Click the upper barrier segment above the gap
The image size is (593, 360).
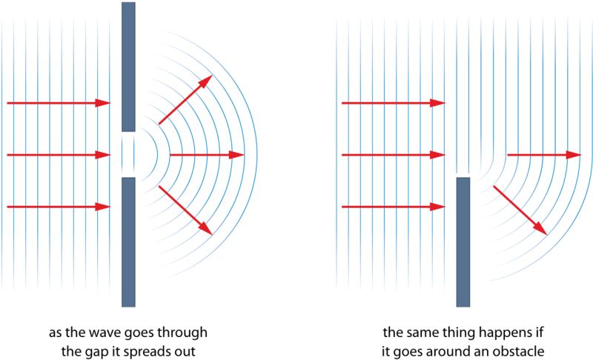pyautogui.click(x=128, y=67)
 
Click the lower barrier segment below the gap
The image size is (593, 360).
pyautogui.click(x=128, y=241)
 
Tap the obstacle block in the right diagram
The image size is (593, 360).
pyautogui.click(x=463, y=241)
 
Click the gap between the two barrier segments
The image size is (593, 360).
pyautogui.click(x=128, y=155)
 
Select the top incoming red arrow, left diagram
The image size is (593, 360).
pyautogui.click(x=59, y=103)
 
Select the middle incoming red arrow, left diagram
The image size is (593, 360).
pyautogui.click(x=59, y=155)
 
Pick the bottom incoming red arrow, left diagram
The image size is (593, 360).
pyautogui.click(x=59, y=207)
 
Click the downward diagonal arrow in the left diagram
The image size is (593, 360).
pyautogui.click(x=185, y=212)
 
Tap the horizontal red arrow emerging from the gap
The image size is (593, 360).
pyautogui.click(x=207, y=155)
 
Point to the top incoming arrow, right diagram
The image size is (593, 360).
pyautogui.click(x=393, y=103)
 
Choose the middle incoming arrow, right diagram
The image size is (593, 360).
pyautogui.click(x=393, y=155)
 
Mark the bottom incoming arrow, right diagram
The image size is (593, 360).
pyautogui.click(x=393, y=207)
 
